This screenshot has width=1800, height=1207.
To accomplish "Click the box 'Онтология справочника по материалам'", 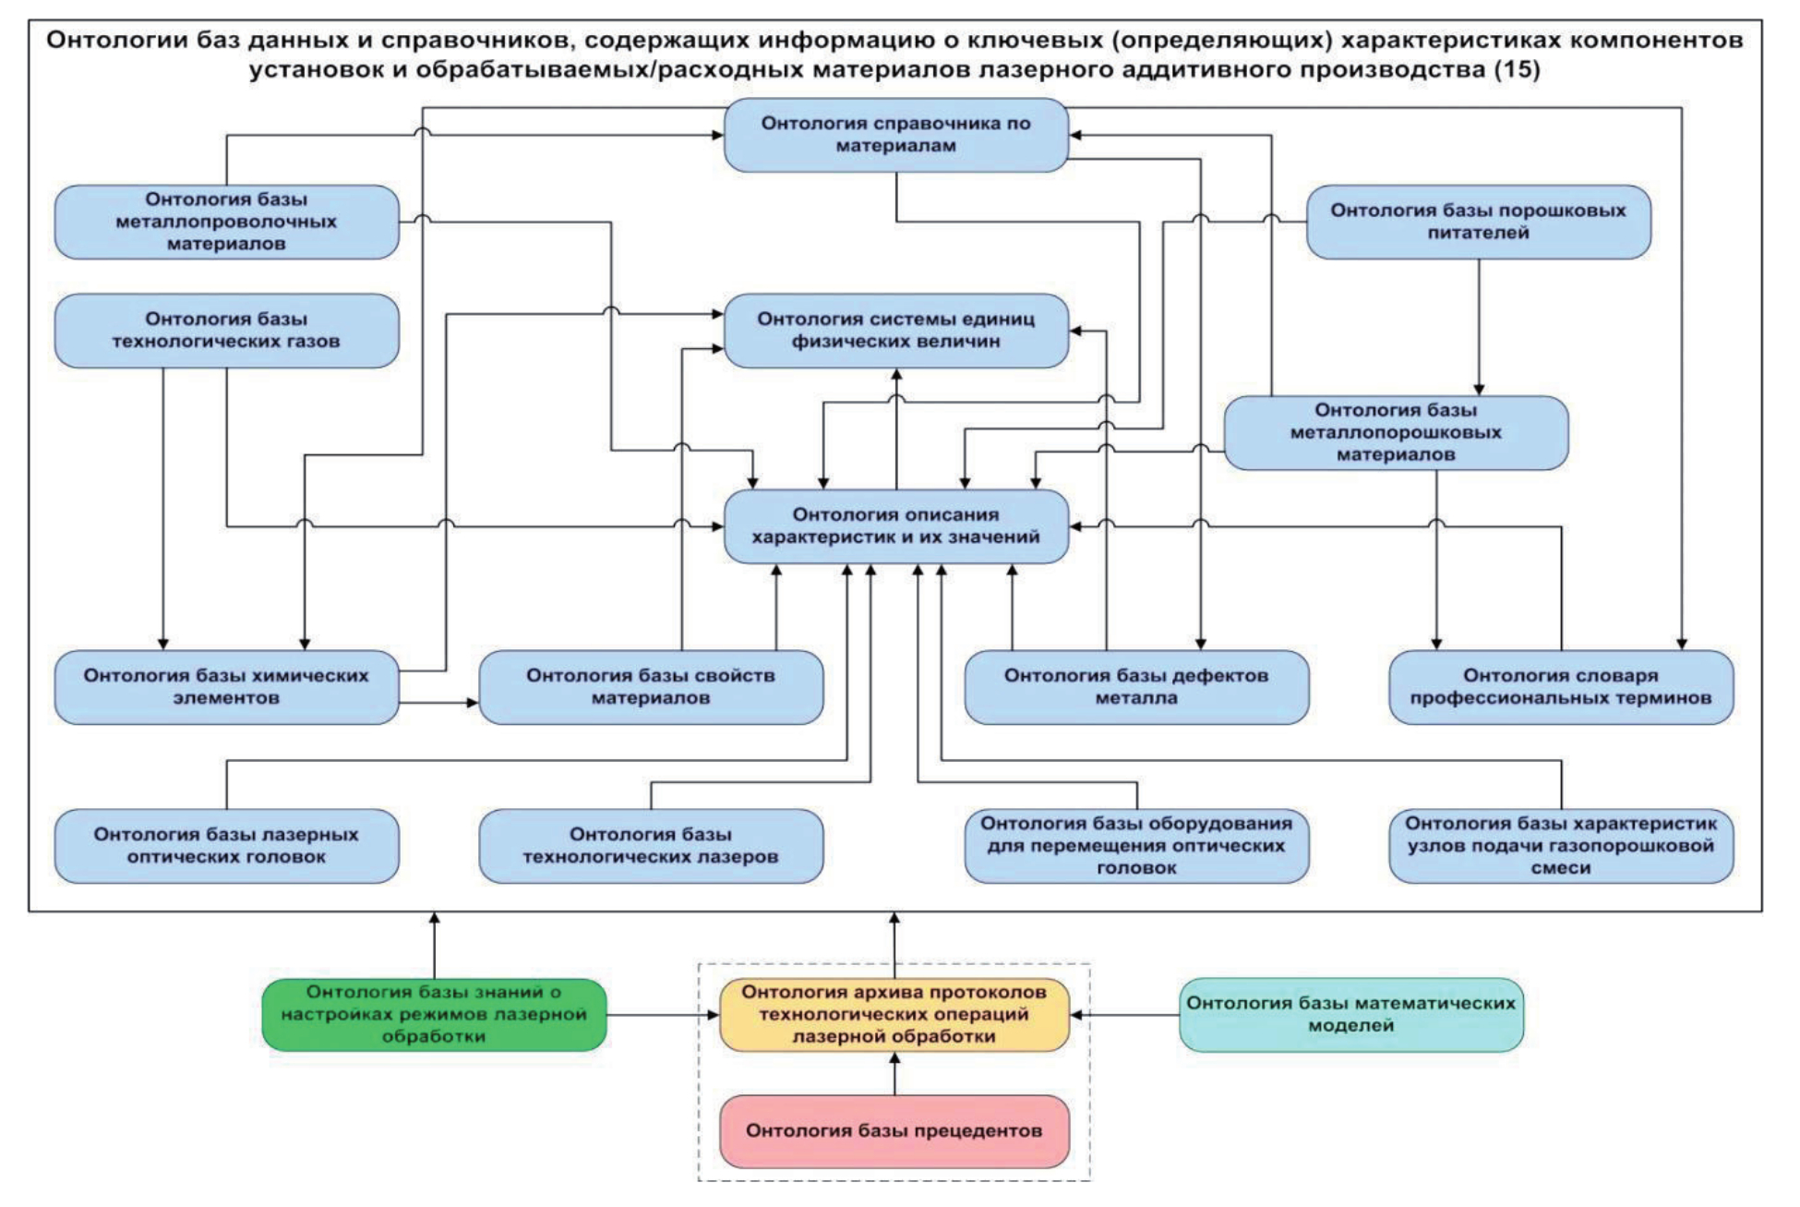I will pos(895,135).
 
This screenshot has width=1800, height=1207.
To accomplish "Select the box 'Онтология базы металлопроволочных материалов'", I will pos(226,222).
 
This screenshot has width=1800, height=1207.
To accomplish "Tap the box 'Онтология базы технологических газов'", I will pos(226,331).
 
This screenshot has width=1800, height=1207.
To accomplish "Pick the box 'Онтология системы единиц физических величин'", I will pos(895,331).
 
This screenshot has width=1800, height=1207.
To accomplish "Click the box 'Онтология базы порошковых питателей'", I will pos(1478,222).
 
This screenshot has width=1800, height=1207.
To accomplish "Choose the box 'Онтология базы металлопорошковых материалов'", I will pos(1396,432).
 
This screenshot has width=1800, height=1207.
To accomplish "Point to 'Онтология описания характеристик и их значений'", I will pos(895,526).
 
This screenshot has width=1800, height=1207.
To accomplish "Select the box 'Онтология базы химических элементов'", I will pos(226,687).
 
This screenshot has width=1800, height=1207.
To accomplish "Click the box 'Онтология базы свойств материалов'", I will pos(651,687).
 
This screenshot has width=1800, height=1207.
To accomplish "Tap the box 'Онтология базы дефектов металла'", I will pos(1136,687).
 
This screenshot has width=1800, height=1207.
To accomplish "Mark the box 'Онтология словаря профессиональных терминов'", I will pos(1561,687).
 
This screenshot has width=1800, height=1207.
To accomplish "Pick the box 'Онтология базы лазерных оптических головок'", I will pos(226,846).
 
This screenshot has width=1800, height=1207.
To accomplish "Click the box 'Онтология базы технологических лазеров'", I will pos(651,846).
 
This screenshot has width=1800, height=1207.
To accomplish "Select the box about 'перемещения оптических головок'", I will pos(1136,846).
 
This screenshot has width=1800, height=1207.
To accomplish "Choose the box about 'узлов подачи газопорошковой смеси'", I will pos(1561,846).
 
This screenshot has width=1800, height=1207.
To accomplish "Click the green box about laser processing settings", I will pos(434,1015).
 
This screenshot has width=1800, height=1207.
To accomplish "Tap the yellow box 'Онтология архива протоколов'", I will pos(894,1015).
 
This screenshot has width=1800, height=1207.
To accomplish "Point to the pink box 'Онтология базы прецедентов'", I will pos(894,1131).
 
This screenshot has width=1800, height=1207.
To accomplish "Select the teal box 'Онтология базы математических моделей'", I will pos(1351,1015).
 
